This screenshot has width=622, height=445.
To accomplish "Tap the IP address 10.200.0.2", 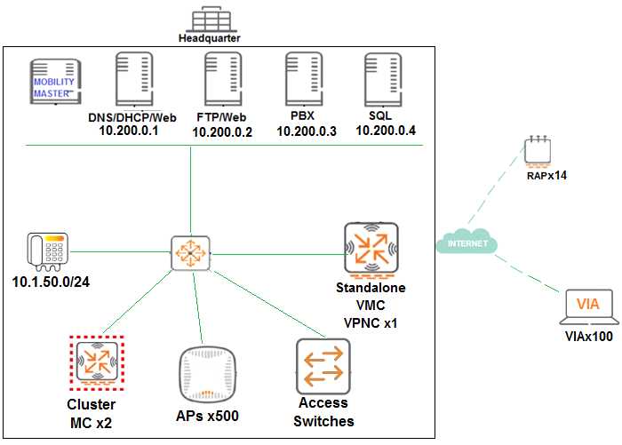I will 223,132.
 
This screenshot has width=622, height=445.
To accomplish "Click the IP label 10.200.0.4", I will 386,131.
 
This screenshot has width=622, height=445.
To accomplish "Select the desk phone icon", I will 46,251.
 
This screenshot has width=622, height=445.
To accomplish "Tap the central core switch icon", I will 190,254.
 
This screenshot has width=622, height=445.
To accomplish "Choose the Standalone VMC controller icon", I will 371,248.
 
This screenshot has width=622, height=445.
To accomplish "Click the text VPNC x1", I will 372,322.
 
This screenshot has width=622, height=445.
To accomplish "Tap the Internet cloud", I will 467,242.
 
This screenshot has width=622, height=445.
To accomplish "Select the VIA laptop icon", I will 586,308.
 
